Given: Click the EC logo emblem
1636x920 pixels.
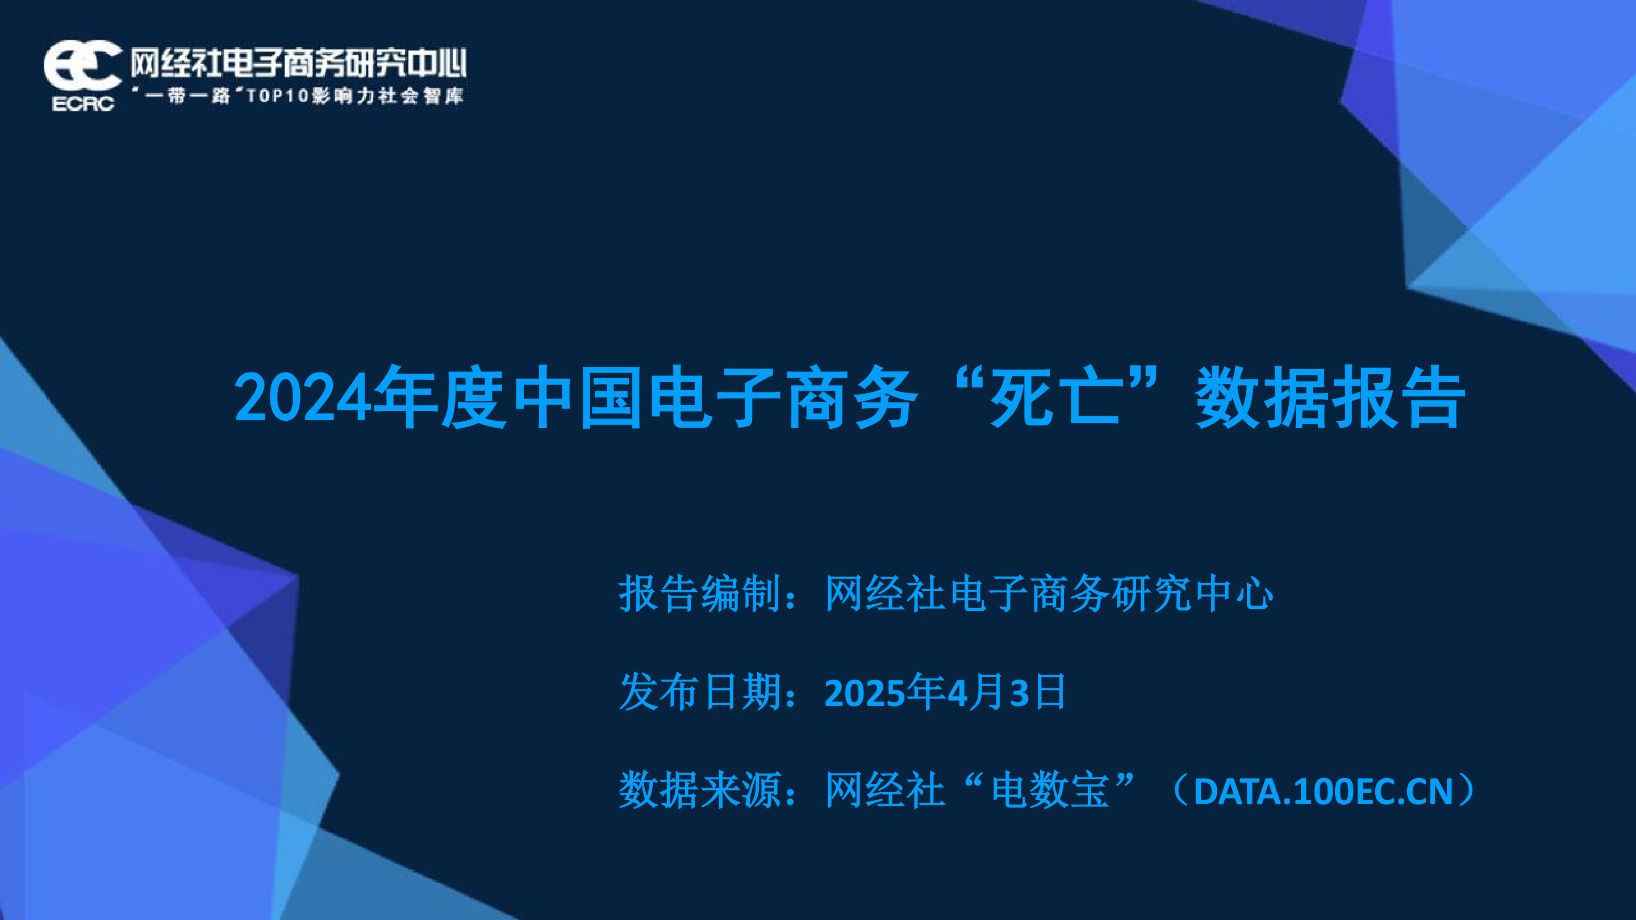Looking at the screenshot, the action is (82, 65).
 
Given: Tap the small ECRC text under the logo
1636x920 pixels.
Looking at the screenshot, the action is (83, 103).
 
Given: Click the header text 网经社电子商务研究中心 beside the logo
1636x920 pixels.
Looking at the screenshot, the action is (298, 63).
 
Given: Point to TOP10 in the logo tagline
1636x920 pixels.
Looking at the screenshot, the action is (278, 96).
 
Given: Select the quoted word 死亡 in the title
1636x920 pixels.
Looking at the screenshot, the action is (1055, 397).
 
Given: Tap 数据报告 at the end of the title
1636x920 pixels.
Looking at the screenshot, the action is (1330, 397).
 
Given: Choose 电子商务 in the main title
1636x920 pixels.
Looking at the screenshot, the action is (784, 397).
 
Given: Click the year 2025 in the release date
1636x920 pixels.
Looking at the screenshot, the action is (865, 693).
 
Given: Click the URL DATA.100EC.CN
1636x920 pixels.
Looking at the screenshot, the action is (1324, 791).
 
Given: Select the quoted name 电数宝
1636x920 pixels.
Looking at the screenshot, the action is (1050, 790).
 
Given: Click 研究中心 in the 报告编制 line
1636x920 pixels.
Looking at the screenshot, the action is (1193, 593).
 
